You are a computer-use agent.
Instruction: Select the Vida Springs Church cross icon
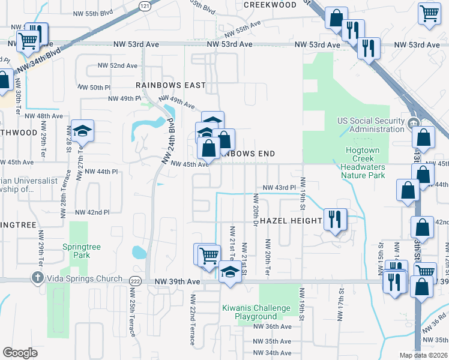(37, 278)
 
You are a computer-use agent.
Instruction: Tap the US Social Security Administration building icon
(413, 124)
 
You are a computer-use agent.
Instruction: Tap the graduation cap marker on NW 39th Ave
(229, 272)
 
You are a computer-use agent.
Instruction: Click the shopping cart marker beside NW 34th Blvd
(27, 42)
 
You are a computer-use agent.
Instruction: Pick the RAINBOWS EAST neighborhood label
(170, 85)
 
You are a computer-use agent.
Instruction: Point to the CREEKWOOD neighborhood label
(270, 5)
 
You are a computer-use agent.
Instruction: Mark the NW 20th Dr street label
(255, 210)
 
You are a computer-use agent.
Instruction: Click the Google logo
(20, 352)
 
